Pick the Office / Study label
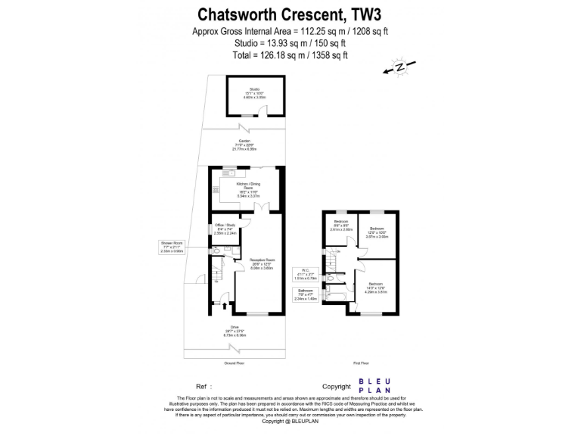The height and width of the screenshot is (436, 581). tap(225, 229)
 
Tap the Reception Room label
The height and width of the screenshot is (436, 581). tap(261, 263)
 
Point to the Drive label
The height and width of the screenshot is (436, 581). tap(235, 331)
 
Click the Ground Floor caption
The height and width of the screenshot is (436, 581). tap(235, 363)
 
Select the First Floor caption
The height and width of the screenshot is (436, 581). tap(361, 363)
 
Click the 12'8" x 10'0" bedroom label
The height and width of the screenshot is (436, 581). tap(376, 232)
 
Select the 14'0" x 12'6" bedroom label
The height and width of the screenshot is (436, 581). tap(376, 288)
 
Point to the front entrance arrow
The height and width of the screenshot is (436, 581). tap(224, 307)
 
